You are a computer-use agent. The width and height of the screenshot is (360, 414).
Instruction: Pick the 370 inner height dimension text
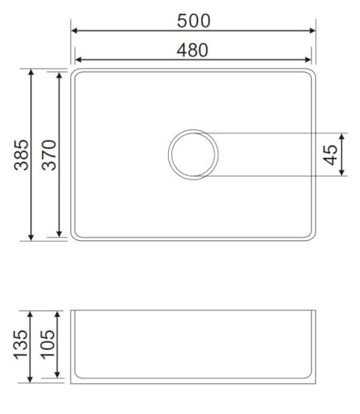coord(50,155)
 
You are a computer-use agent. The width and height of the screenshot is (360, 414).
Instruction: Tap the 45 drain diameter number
coord(330,154)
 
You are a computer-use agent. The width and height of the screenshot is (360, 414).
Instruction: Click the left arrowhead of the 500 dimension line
coord(74,31)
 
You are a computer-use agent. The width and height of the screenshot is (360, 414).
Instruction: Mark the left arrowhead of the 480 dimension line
coord(79,60)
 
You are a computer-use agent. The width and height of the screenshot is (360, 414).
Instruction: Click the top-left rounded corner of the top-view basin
coord(74,74)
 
